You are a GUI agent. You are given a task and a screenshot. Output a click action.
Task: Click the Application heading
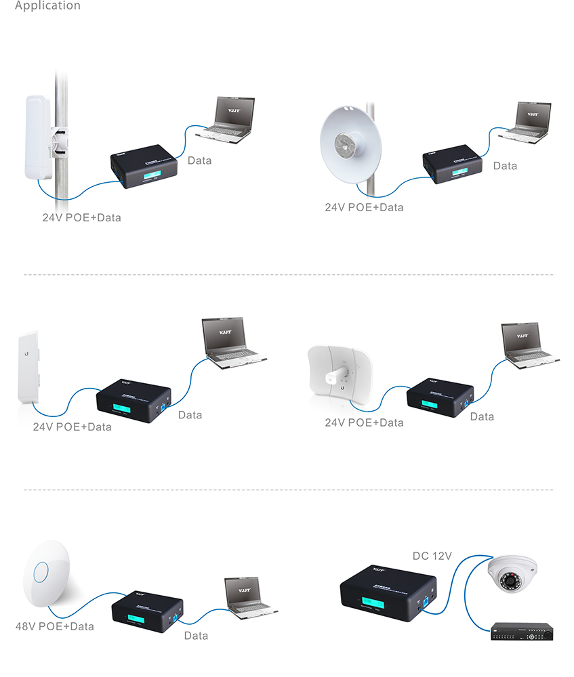(x=47, y=6)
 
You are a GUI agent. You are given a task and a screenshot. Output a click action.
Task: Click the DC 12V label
(x=432, y=556)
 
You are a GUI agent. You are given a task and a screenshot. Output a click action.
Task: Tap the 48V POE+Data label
(x=54, y=626)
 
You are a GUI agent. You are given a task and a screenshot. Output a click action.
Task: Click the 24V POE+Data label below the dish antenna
(x=364, y=207)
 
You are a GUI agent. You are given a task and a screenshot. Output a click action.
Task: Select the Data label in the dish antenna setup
(x=505, y=166)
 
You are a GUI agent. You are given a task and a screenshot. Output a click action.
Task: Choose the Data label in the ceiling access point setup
(x=196, y=636)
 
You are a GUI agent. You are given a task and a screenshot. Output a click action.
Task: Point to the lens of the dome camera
(x=508, y=582)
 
